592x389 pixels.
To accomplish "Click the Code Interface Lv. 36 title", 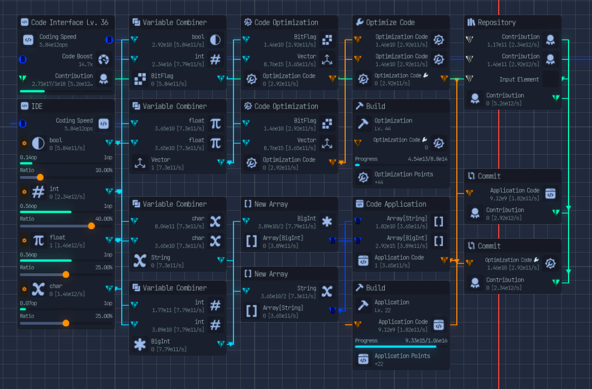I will tap(69, 22).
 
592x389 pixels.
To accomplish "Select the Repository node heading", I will tap(496, 22).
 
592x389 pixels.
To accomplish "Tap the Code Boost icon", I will tap(103, 60).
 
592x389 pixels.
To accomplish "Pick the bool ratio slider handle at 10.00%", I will tap(40, 178).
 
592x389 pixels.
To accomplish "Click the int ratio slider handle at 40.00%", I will tap(91, 226).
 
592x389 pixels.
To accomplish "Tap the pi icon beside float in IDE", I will tap(38, 240).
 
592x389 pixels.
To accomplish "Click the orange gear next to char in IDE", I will tap(24, 289).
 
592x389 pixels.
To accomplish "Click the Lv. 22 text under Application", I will tap(383, 310).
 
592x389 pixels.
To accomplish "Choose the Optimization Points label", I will tap(403, 174).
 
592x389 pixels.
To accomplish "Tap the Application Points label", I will tap(402, 355).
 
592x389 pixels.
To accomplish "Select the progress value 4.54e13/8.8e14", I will tap(428, 159).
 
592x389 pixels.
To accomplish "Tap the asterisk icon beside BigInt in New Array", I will tap(327, 222).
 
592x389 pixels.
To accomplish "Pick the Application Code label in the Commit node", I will tap(514, 190).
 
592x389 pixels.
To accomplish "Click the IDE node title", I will tap(37, 106).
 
